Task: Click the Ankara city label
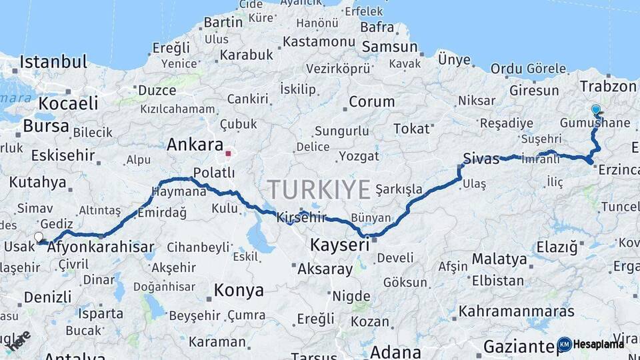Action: tap(195, 145)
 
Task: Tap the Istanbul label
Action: tap(53, 63)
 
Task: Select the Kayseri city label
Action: tap(339, 245)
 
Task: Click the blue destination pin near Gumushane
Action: tap(595, 109)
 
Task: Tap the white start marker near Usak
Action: tap(38, 237)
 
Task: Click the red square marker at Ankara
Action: tap(228, 153)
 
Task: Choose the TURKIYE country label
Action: tap(319, 190)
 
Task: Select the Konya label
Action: tap(239, 291)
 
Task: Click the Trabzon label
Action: tap(608, 87)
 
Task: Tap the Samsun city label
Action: tap(390, 47)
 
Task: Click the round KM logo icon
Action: tap(564, 344)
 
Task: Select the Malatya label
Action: tap(499, 258)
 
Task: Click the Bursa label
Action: tap(45, 125)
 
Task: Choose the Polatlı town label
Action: tap(214, 173)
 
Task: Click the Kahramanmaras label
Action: tap(516, 311)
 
